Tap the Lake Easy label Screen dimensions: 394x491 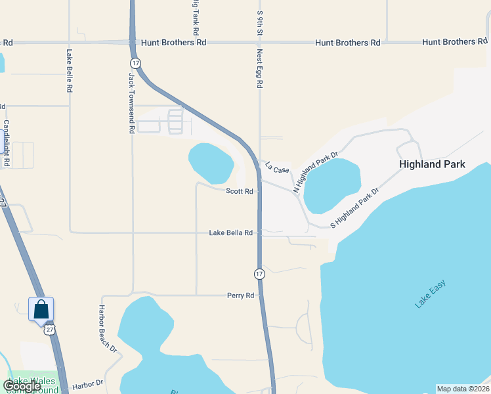pos(430,294)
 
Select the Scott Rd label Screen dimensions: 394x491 pos(240,192)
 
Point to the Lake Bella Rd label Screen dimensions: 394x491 pos(231,233)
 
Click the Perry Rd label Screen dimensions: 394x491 pos(240,296)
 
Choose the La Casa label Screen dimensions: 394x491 pos(277,169)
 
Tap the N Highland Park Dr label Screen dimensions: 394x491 pos(315,173)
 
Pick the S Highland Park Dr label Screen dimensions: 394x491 pos(355,208)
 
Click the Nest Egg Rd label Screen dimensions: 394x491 pos(260,70)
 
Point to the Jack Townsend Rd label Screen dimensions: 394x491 pos(131,104)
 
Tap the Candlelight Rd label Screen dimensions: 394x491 pos(7,142)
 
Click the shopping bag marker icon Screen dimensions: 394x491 pos(41,309)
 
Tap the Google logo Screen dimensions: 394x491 pos(22,386)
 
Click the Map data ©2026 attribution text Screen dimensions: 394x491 pos(463,389)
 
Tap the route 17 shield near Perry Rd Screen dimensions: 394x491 pos(259,273)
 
